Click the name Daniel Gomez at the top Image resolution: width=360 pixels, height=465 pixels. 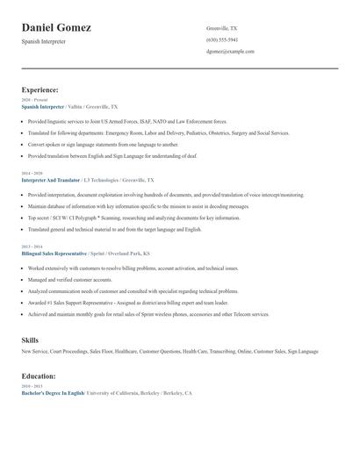tap(56, 28)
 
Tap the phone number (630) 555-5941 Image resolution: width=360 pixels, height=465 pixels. tap(222, 39)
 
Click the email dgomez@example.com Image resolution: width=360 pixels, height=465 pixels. tap(230, 51)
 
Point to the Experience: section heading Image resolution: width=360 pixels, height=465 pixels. tap(40, 89)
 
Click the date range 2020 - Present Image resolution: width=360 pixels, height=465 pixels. tap(34, 100)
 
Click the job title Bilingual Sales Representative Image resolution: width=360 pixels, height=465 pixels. tap(54, 253)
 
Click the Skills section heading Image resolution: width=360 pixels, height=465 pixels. tap(30, 339)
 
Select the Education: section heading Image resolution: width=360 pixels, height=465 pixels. tap(40, 376)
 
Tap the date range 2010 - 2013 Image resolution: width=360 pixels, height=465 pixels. tap(31, 385)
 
